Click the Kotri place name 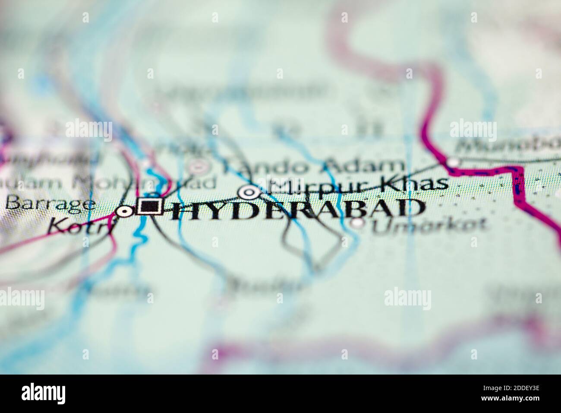[x=81, y=226]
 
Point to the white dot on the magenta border [x=452, y=162]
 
